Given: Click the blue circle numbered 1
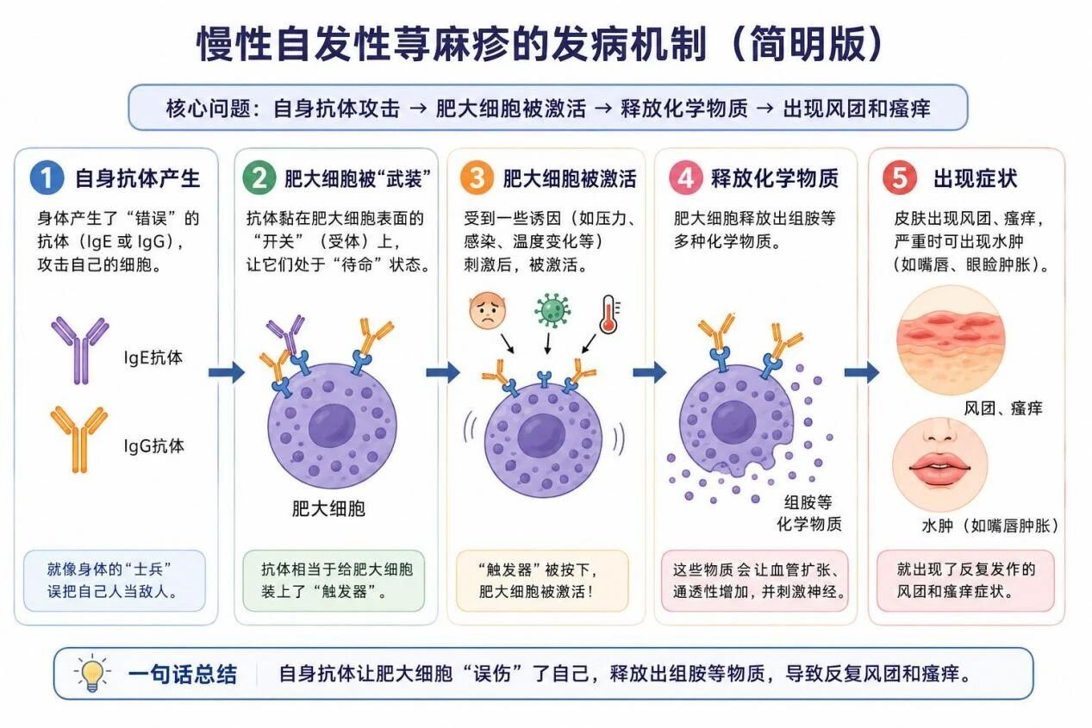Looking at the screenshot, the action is (47, 177).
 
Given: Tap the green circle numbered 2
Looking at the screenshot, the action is (259, 177).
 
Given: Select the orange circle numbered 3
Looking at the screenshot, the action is (477, 177).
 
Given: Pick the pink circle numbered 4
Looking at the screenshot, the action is (685, 177).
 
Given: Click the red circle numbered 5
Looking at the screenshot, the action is (900, 177).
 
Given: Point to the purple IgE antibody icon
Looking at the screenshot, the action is (80, 350).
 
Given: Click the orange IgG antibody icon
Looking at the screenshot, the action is (79, 439).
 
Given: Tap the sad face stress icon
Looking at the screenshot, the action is (488, 310).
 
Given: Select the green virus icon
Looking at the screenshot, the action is (552, 310).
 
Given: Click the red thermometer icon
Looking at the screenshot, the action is (608, 314).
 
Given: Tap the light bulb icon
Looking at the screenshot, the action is (92, 673).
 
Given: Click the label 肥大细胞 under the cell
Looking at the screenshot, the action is (328, 508).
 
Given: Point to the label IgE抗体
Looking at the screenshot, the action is (153, 358).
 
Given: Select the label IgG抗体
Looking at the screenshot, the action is (154, 446).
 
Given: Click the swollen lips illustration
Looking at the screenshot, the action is (940, 464).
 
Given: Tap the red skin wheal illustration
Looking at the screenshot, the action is (952, 340).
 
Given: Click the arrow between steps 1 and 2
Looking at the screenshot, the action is (226, 373).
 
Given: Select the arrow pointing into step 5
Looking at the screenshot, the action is (861, 373).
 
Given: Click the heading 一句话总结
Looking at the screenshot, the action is (183, 675).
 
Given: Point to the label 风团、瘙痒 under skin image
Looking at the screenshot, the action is (1002, 408).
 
